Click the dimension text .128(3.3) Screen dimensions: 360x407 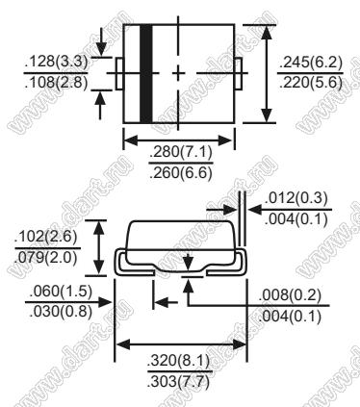pos(56,63)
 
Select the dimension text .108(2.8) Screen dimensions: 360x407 pos(56,83)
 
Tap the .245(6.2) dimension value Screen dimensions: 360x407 pos(311,63)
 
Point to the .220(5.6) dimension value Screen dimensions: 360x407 pos(311,83)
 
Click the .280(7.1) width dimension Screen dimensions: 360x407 pos(181,153)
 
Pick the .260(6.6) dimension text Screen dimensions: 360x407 pos(181,173)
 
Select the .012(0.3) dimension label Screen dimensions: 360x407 pos(296,198)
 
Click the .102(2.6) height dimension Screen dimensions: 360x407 pos(46,238)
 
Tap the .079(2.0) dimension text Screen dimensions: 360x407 pos(46,257)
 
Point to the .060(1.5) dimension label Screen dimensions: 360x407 pos(61,292)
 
